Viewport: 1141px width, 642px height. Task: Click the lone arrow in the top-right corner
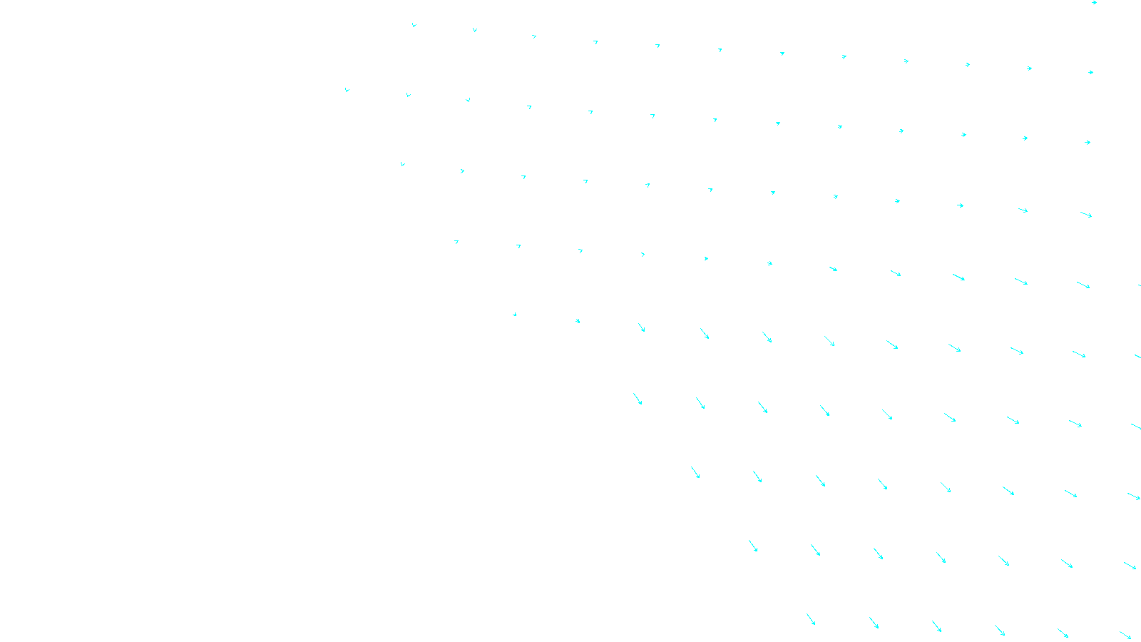[1094, 3]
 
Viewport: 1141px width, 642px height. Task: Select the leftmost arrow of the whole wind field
[347, 90]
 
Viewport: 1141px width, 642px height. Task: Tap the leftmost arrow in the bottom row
[811, 619]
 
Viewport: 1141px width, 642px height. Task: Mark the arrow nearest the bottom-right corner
[1125, 635]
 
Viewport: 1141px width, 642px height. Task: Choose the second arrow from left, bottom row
[874, 623]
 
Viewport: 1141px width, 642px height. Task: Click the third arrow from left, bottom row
[936, 626]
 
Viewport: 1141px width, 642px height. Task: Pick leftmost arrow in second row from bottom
[753, 546]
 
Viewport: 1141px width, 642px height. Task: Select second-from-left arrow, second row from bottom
[815, 550]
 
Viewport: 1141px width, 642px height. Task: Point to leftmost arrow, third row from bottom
[695, 472]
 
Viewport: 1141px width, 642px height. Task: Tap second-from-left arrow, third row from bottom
[757, 477]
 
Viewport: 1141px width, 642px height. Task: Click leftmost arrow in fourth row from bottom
[638, 399]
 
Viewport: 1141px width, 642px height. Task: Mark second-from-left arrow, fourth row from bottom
[700, 403]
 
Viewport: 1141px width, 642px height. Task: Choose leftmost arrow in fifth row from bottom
[514, 314]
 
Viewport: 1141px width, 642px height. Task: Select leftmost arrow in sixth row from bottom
[456, 242]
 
